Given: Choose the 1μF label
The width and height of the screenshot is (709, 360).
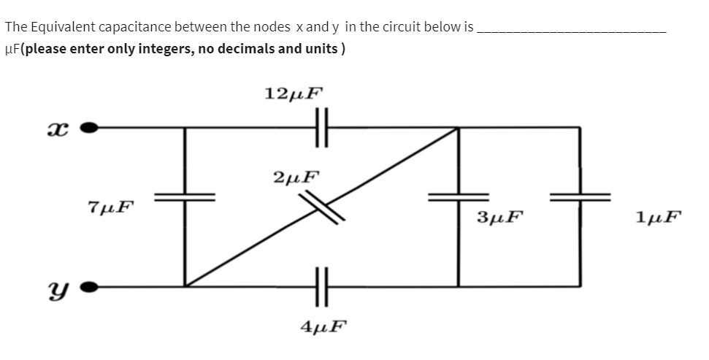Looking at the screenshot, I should click(x=658, y=216).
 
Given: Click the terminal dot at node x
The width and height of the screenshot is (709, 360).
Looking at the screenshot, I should click(x=89, y=128).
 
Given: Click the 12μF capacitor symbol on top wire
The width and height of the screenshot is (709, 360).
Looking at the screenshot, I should click(x=322, y=127).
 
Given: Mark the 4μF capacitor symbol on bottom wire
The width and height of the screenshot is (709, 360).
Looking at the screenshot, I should click(x=322, y=285).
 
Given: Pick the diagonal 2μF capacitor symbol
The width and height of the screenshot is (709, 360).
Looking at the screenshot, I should click(x=322, y=205).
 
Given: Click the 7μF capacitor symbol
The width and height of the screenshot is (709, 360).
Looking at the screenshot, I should click(x=185, y=196).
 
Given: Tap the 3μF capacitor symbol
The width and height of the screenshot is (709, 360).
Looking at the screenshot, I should click(x=459, y=196).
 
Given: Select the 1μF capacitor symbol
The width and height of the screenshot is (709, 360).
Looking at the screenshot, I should click(x=580, y=196).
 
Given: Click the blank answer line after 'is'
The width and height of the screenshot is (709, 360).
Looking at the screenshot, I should click(x=570, y=29).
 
